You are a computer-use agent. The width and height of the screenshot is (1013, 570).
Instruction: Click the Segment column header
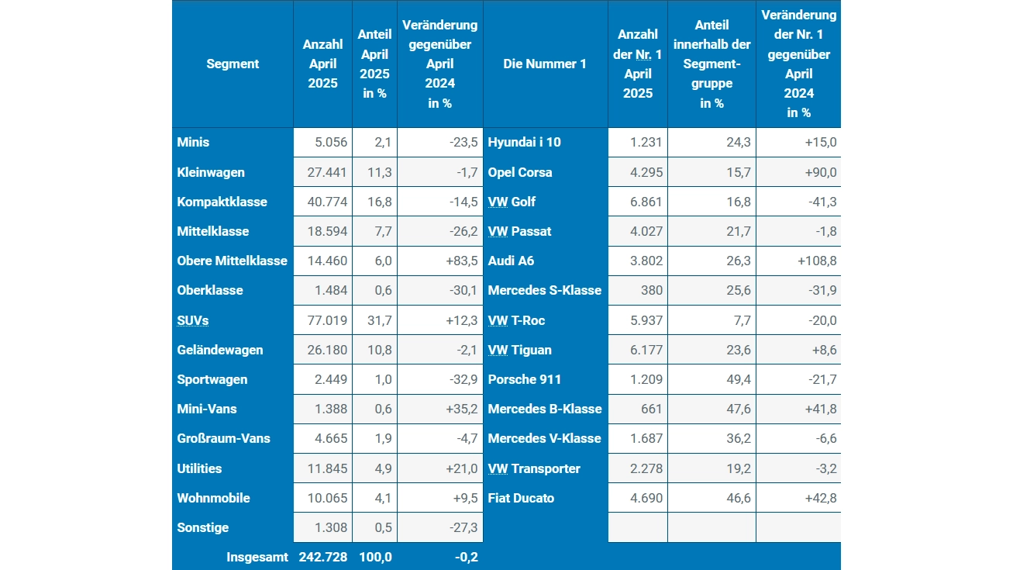233,64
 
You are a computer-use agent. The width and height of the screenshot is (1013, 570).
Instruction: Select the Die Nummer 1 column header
545,64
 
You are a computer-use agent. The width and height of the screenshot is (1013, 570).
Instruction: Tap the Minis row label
194,143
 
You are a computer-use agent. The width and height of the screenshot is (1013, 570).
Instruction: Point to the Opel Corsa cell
520,172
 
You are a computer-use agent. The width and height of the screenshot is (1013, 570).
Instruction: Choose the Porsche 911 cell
525,380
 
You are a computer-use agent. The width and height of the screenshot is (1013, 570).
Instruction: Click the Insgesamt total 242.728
323,558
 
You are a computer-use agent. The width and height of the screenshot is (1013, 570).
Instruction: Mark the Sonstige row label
204,528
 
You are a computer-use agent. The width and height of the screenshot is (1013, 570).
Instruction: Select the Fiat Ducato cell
521,499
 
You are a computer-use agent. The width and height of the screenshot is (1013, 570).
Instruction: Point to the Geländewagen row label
220,351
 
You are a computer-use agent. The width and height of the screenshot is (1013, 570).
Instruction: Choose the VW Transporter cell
534,469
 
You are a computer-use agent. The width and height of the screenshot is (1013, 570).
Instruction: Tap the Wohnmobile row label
214,499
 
